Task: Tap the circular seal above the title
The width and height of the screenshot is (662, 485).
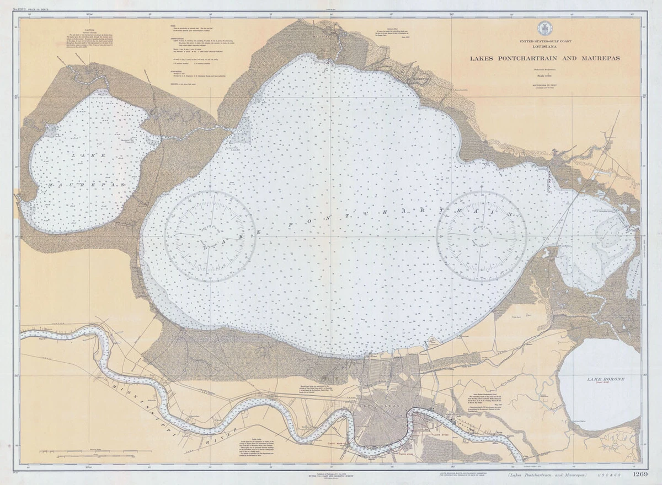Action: click(x=545, y=29)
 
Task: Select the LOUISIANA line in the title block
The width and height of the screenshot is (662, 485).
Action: click(x=545, y=47)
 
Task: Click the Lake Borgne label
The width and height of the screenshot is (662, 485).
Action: click(x=599, y=379)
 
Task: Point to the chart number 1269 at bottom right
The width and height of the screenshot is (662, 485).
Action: click(x=640, y=474)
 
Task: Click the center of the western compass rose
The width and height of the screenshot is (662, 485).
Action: click(x=210, y=236)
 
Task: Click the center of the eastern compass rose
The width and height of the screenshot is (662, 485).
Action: click(x=482, y=236)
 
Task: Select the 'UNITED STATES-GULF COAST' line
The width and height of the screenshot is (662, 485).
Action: click(x=545, y=42)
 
